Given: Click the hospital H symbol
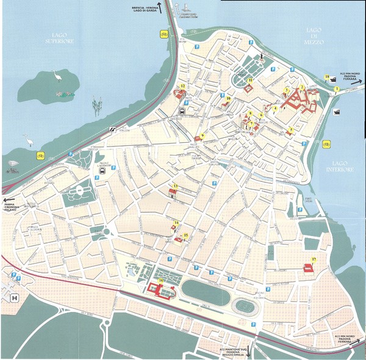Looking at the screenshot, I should [x=14, y=298].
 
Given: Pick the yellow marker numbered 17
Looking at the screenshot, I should [x=313, y=259].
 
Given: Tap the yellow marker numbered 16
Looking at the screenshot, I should [x=160, y=281].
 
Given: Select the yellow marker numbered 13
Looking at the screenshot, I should [x=175, y=185].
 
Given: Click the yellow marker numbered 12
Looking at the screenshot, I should [x=182, y=87].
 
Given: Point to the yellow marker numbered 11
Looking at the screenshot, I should [x=250, y=80].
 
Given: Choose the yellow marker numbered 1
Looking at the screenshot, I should [x=337, y=89].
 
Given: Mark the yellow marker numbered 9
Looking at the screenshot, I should [x=203, y=135].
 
